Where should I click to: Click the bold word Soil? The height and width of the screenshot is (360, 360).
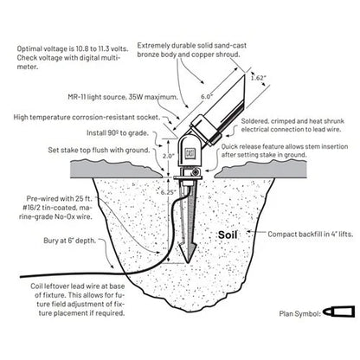click(x=228, y=235)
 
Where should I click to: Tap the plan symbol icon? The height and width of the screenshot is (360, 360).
click(x=338, y=312)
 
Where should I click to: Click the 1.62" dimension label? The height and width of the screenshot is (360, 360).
click(x=258, y=78)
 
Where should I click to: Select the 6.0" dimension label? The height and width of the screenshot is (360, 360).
click(x=207, y=96)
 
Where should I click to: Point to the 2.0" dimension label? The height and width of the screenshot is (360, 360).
click(x=169, y=156)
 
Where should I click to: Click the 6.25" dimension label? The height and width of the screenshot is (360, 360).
click(x=169, y=192)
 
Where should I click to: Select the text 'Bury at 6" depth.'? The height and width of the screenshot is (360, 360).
click(x=69, y=241)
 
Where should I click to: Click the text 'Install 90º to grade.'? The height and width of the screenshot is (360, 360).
click(x=118, y=133)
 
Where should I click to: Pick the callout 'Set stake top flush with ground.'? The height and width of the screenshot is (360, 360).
click(x=100, y=151)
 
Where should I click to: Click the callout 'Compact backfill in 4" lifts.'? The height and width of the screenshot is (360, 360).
click(x=311, y=235)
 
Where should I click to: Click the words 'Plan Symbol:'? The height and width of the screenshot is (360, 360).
click(x=300, y=313)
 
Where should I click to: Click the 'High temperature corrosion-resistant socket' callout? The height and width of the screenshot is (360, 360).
click(x=87, y=118)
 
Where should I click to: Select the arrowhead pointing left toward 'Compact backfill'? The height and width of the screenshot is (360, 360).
click(x=249, y=232)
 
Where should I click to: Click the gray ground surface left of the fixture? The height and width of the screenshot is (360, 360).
click(x=115, y=170)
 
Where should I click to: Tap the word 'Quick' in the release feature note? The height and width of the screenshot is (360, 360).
click(x=229, y=146)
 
